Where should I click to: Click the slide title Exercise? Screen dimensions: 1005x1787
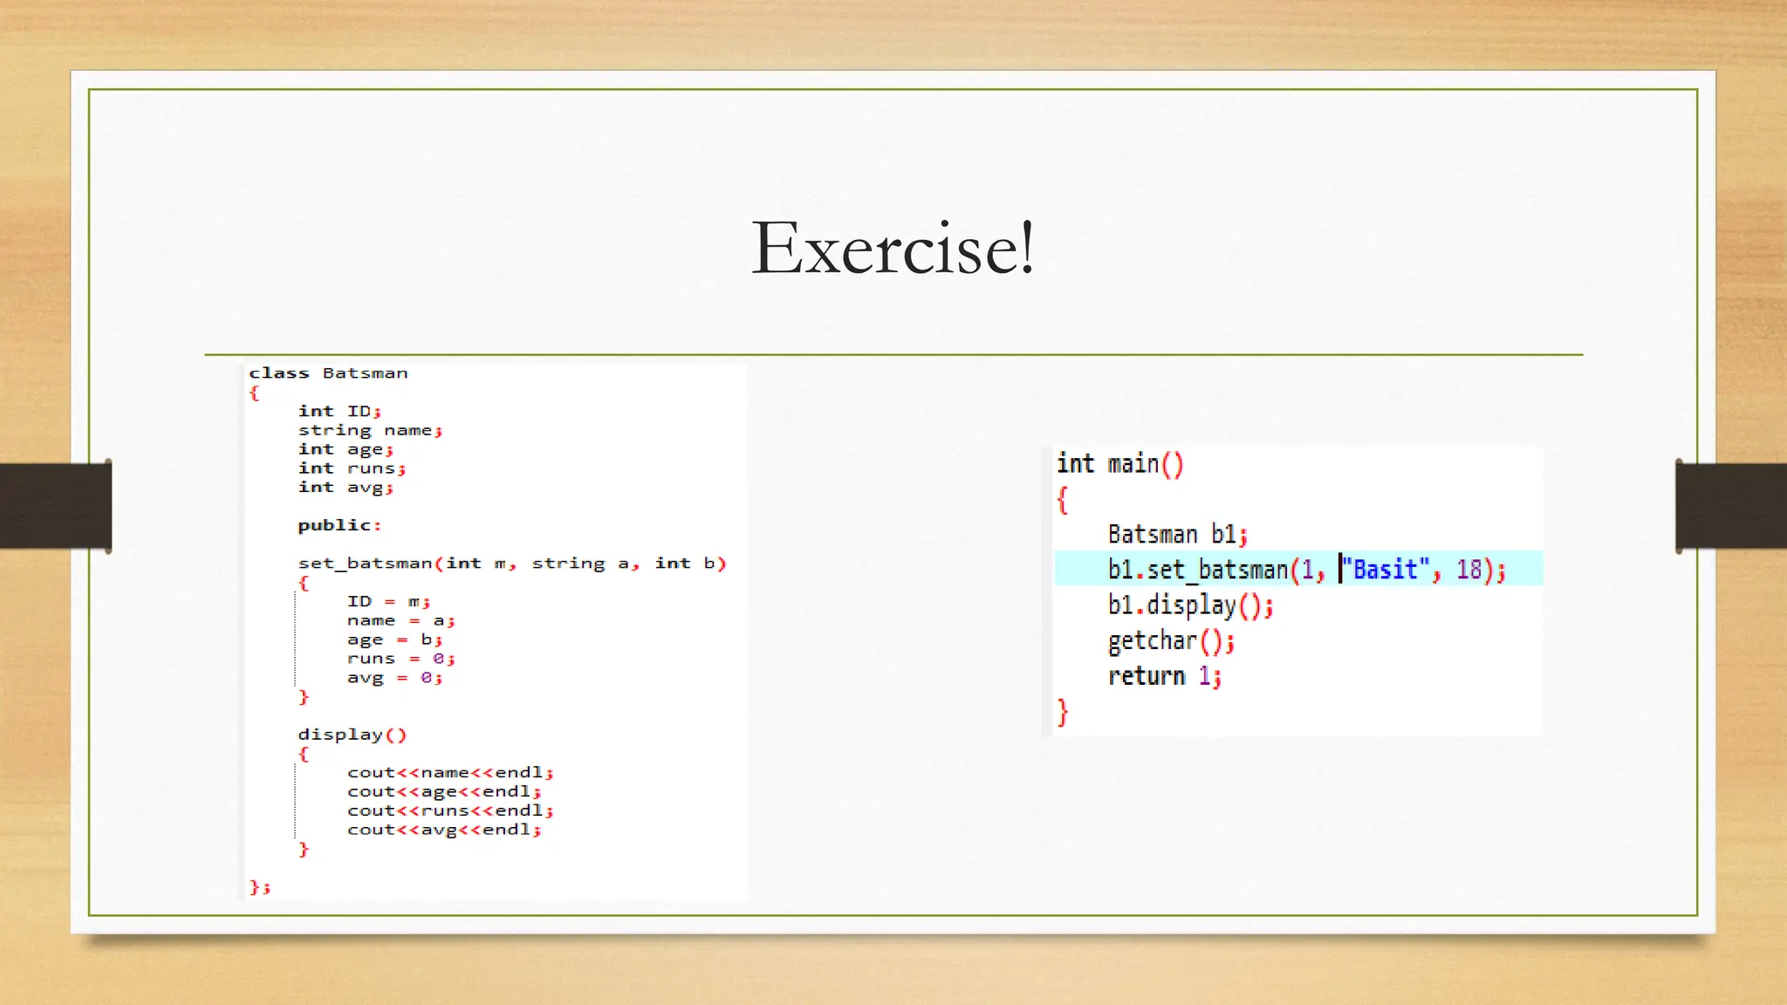pyautogui.click(x=893, y=249)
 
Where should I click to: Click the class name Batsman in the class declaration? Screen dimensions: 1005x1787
pyautogui.click(x=365, y=373)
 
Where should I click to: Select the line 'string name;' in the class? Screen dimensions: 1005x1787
pyautogui.click(x=370, y=430)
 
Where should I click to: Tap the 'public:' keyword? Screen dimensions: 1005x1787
pyautogui.click(x=339, y=525)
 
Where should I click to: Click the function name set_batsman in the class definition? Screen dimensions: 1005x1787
pyautogui.click(x=366, y=564)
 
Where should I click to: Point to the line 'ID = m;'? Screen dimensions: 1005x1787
pyautogui.click(x=388, y=602)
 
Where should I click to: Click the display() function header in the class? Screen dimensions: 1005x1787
pyautogui.click(x=352, y=735)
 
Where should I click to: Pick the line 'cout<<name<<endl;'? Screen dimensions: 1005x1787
pyautogui.click(x=449, y=773)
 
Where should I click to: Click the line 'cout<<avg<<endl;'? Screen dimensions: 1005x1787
pyautogui.click(x=443, y=830)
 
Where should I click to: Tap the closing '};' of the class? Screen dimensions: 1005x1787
pyautogui.click(x=260, y=887)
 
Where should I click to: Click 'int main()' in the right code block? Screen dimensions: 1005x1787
pyautogui.click(x=1119, y=464)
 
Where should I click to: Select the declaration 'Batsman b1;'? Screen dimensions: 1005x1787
pyautogui.click(x=1177, y=534)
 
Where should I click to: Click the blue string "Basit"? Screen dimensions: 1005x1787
pyautogui.click(x=1386, y=570)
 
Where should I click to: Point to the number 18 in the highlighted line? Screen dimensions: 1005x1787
pyautogui.click(x=1469, y=570)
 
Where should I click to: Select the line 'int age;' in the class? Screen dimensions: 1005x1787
pyautogui.click(x=346, y=449)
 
